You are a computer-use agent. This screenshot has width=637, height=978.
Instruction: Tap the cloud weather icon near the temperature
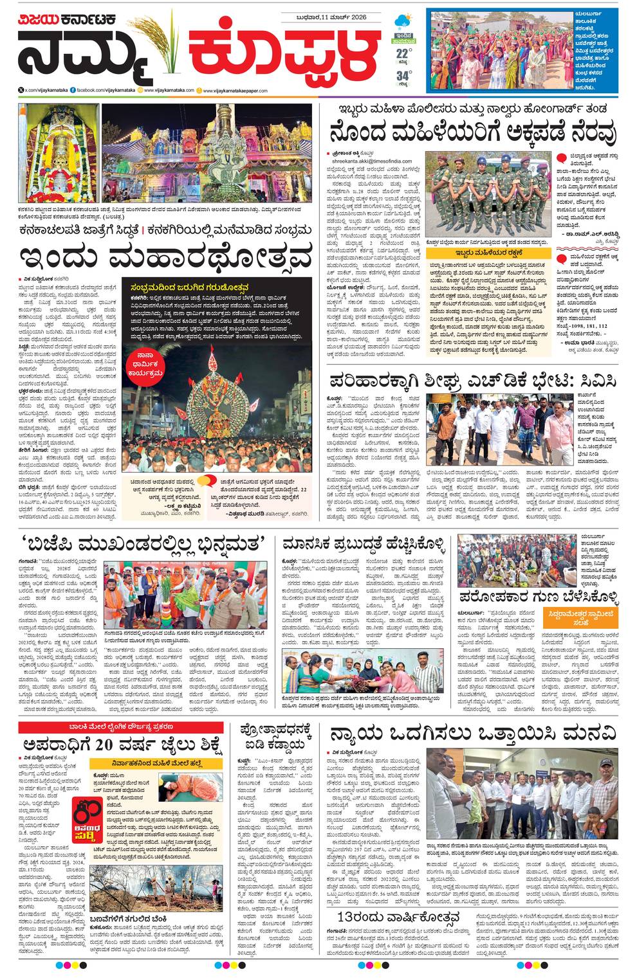pyautogui.click(x=403, y=21)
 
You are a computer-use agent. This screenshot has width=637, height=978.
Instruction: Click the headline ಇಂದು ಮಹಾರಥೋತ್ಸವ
pyautogui.click(x=165, y=257)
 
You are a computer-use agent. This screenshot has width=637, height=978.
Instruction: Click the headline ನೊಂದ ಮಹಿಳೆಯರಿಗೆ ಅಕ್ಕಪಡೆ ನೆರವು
pyautogui.click(x=473, y=132)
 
